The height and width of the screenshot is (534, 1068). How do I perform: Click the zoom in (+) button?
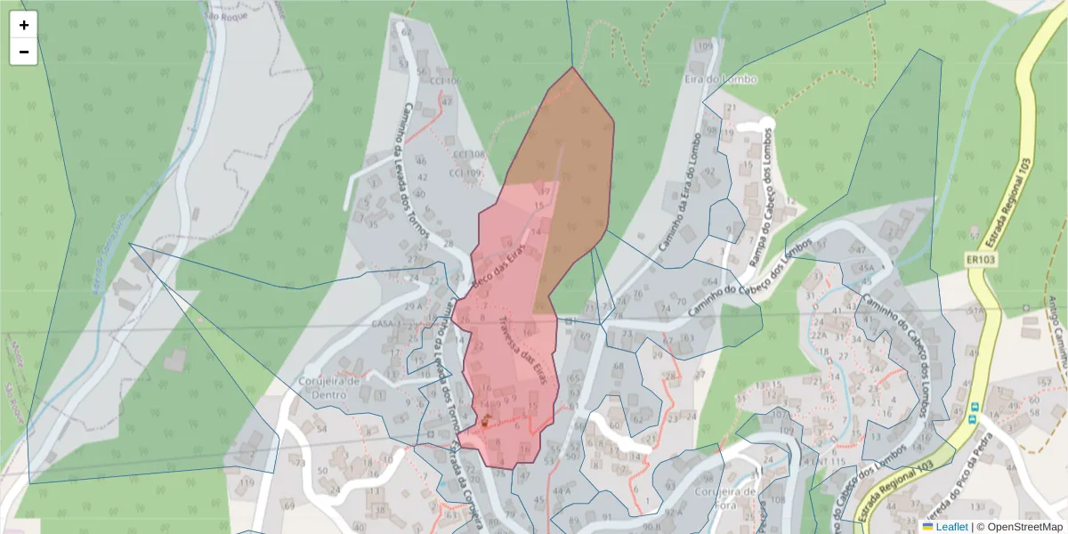(x=24, y=25)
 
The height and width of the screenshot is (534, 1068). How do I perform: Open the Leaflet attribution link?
(x=951, y=526)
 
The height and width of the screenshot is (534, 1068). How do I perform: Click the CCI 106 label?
(x=444, y=81)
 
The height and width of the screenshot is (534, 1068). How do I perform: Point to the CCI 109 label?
(x=466, y=173)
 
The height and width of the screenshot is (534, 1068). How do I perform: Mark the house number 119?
(x=247, y=481)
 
